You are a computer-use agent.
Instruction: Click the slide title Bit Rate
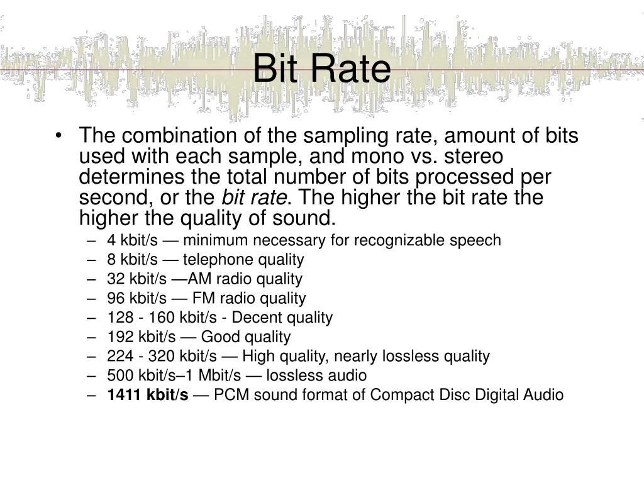(x=321, y=69)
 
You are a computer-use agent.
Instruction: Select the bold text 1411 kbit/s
(x=147, y=395)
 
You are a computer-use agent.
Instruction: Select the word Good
(x=217, y=337)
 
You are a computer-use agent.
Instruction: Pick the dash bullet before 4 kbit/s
(x=93, y=240)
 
